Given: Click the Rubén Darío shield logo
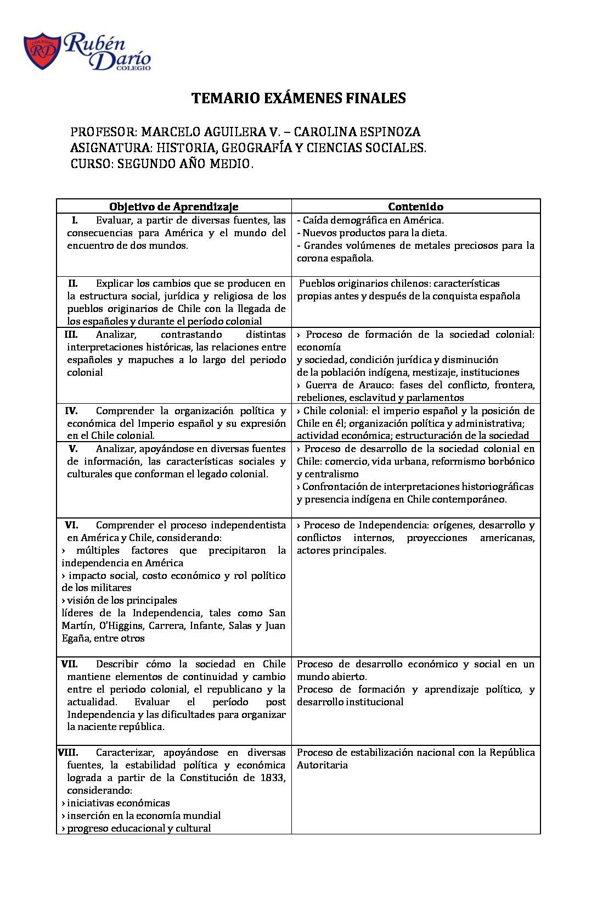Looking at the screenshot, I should [x=42, y=52].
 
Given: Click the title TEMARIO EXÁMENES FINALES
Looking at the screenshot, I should [x=298, y=98].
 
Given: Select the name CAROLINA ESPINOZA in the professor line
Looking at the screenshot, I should [x=357, y=132].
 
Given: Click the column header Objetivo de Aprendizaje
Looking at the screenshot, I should [x=173, y=207].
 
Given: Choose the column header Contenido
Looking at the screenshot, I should [x=415, y=207].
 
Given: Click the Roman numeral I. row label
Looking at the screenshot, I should [x=75, y=220].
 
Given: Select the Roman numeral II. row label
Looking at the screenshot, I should [x=73, y=283].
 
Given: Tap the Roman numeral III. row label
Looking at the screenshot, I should [x=71, y=335].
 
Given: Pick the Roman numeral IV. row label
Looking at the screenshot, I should [x=71, y=411].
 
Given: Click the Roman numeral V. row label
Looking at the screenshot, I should [x=73, y=449].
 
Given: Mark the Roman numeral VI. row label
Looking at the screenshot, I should [x=71, y=525].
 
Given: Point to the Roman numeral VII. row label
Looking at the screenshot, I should [x=70, y=664].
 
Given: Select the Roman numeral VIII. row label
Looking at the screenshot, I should [x=68, y=753].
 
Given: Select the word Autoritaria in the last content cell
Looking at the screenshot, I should [x=322, y=765].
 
